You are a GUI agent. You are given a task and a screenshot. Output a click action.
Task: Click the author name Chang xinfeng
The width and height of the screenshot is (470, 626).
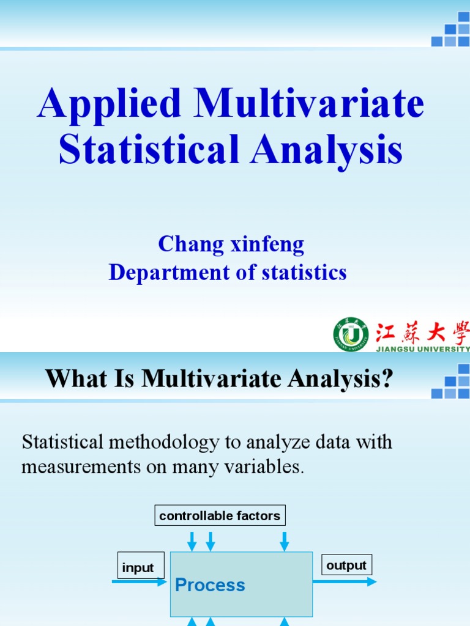coord(231,245)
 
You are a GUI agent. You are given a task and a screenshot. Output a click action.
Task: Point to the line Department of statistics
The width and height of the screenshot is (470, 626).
coord(228,273)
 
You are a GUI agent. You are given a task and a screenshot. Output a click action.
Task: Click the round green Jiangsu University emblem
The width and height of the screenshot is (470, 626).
coord(351,334)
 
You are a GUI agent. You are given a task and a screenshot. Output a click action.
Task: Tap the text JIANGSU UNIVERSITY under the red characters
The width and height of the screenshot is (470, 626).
coord(422,348)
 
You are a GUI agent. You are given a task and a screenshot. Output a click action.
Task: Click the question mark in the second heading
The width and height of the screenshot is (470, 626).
coord(386,380)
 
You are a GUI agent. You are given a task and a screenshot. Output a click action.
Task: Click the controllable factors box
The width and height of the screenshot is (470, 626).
coord(220,515)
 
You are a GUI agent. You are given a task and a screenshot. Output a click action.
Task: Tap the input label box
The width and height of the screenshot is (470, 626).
coord(138,567)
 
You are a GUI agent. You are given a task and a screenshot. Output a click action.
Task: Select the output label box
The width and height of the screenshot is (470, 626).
coord(346,565)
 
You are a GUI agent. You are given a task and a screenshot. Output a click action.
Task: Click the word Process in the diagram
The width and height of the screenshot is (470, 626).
coord(210,585)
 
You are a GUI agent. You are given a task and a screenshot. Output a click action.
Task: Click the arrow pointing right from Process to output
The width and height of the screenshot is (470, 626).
coord(344,581)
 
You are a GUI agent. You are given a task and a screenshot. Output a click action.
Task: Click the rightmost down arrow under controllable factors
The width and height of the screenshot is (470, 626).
coord(285,541)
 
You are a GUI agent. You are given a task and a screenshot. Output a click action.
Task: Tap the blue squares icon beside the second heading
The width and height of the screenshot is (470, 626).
coord(451,382)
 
